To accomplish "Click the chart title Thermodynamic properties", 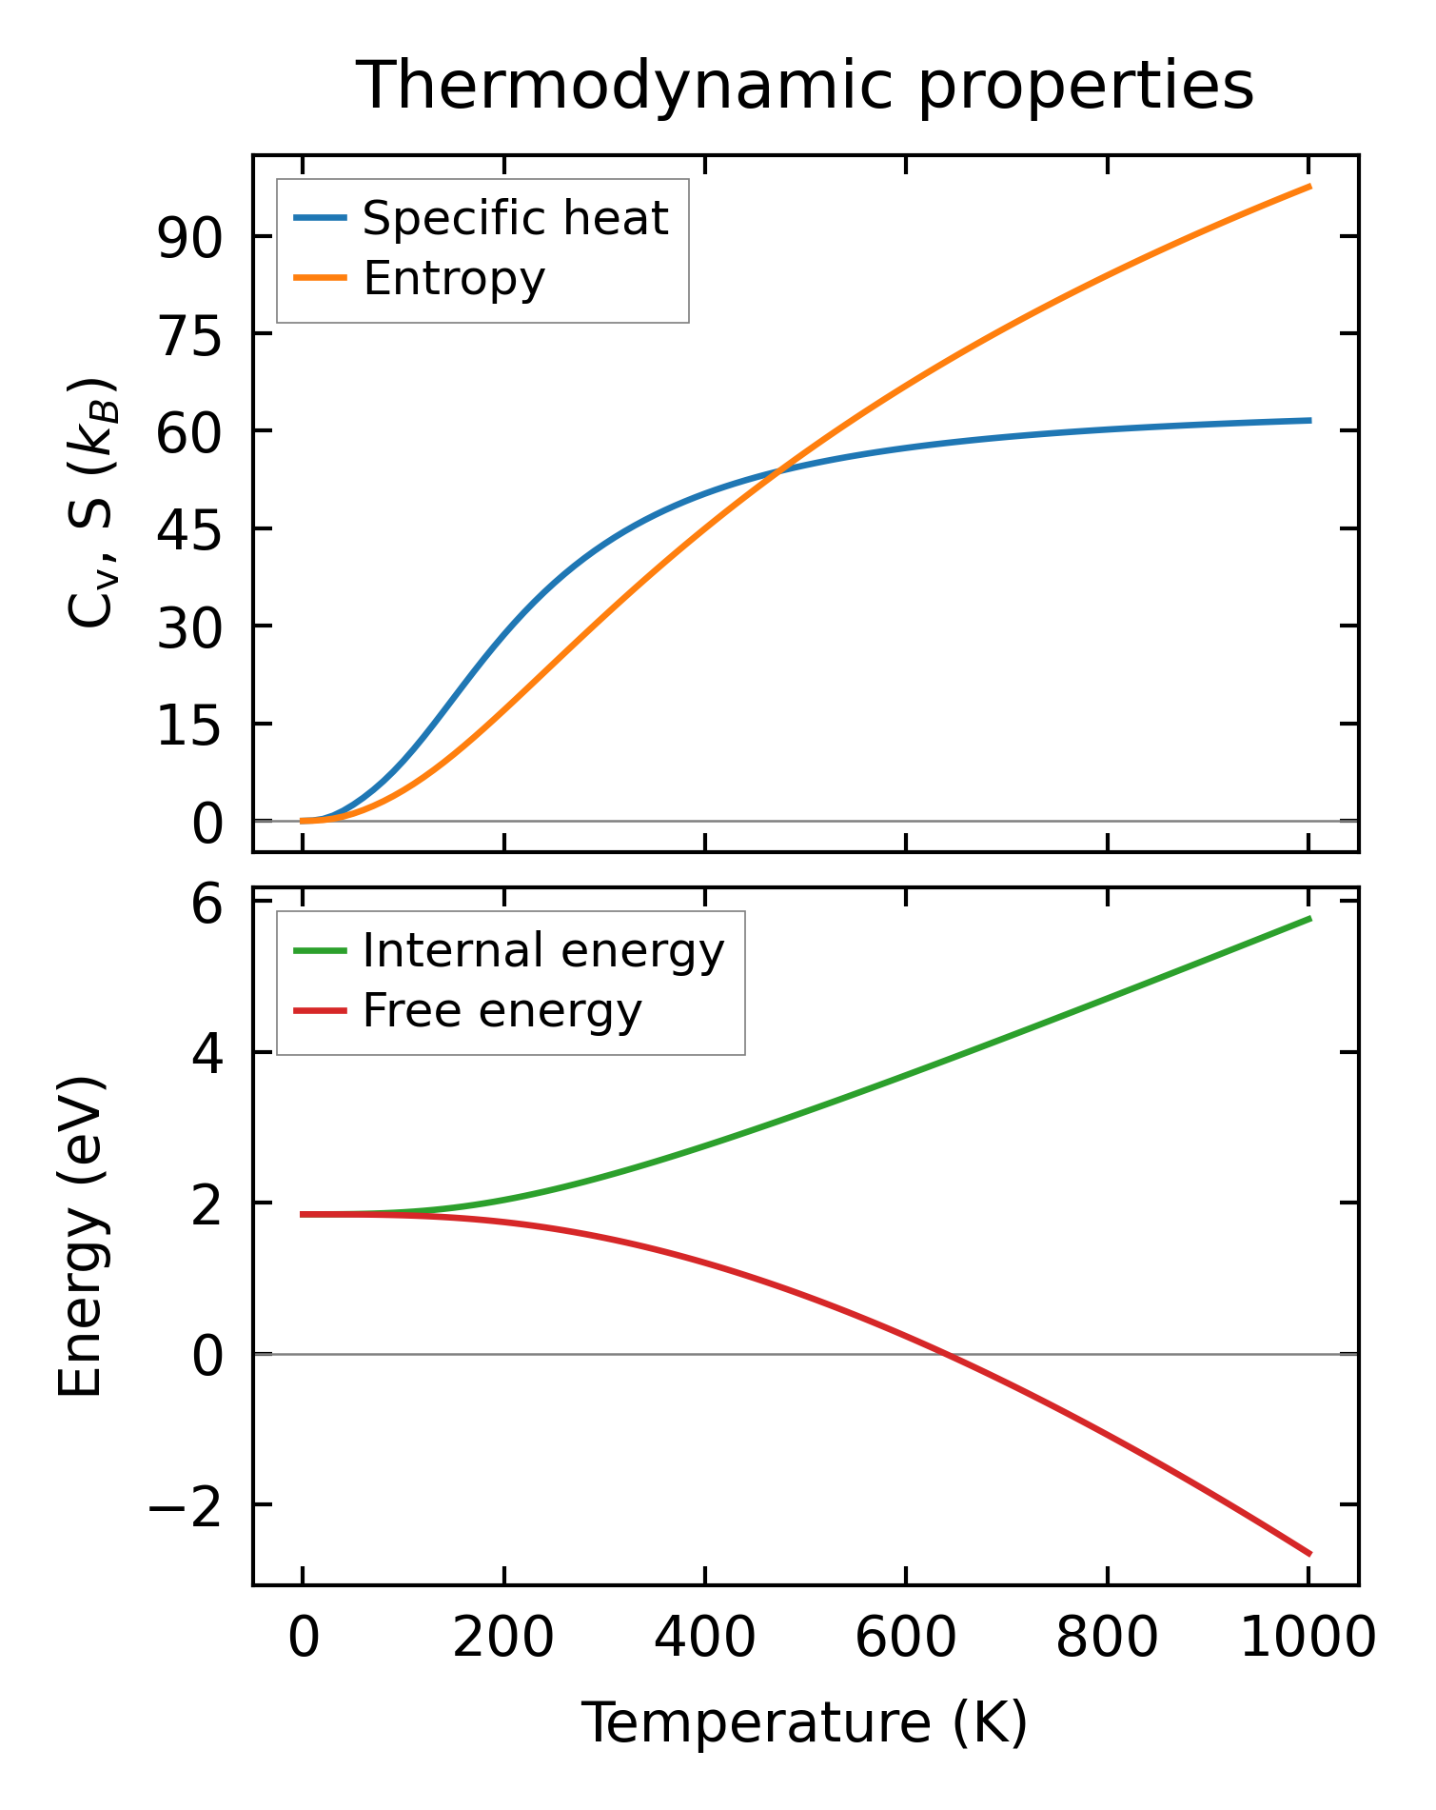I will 805,86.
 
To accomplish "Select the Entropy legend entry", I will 454,278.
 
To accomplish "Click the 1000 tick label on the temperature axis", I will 1308,1639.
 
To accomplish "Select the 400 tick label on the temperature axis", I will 704,1639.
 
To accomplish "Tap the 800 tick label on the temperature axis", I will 1107,1639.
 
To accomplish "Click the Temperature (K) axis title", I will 805,1723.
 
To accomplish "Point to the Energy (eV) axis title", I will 80,1238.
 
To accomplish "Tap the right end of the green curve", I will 1309,919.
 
